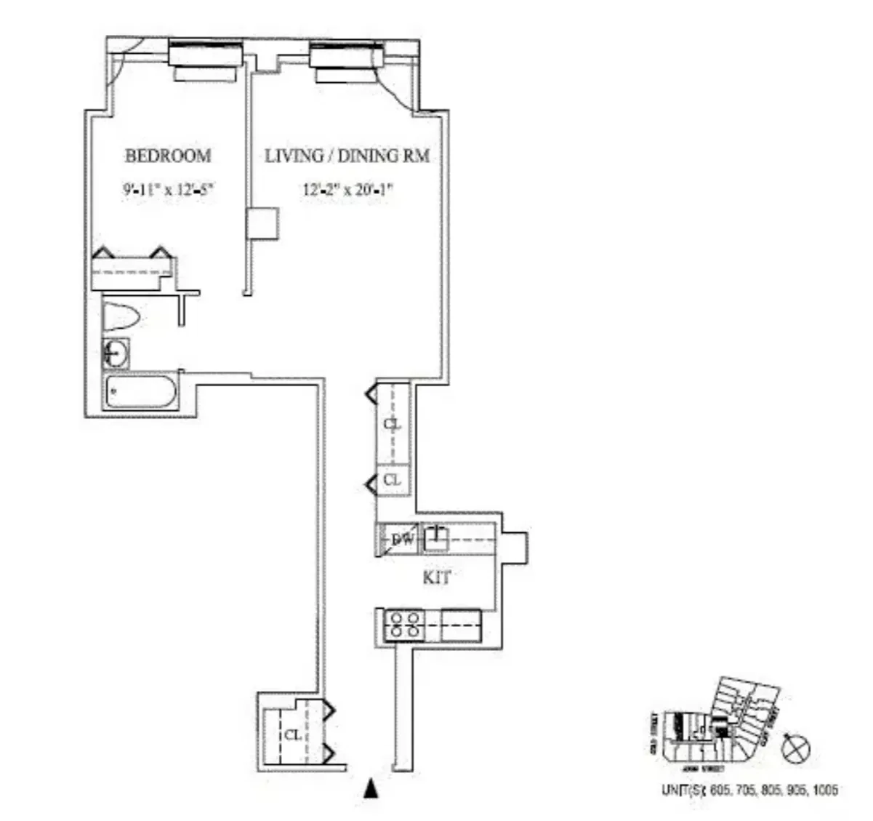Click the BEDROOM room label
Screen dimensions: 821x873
[168, 156]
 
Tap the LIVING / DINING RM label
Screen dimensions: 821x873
[347, 156]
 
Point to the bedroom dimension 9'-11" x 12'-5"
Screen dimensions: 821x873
[169, 191]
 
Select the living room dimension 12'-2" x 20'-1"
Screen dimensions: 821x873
[347, 191]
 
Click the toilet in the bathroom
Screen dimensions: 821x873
[121, 317]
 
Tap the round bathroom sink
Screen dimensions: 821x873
[116, 354]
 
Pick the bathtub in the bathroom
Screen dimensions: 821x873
[141, 393]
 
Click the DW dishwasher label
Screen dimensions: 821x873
[402, 540]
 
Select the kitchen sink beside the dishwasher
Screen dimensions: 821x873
[435, 538]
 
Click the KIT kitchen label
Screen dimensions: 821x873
[437, 578]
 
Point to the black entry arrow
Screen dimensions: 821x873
[371, 789]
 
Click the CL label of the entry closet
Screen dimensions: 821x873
[292, 735]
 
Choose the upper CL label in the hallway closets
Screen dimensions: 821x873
[393, 423]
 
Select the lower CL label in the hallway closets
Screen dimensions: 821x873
[393, 480]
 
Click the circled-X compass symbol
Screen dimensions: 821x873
[794, 748]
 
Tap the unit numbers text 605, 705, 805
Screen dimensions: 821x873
[749, 790]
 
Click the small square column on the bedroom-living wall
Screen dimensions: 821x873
[262, 224]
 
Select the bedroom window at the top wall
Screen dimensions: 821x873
[205, 55]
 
